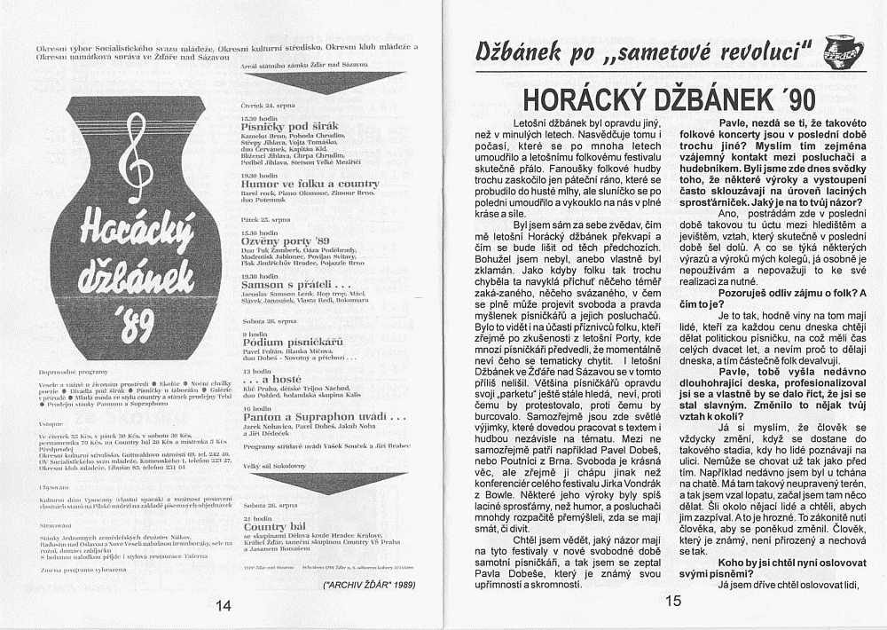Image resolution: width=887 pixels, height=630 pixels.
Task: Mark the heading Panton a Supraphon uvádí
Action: tap(324, 416)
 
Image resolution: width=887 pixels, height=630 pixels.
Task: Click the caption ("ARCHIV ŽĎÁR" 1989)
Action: tap(370, 586)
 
